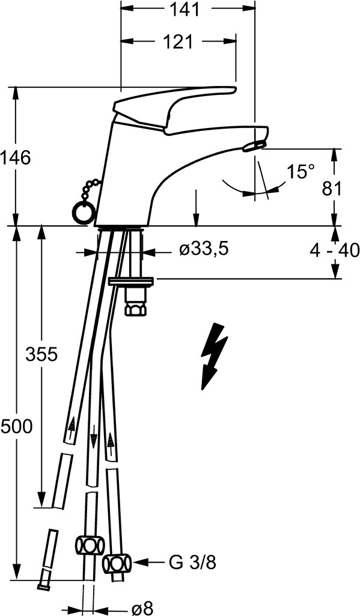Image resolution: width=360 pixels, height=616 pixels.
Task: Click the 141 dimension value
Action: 185,10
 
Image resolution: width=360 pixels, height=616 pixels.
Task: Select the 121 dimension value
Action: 178,41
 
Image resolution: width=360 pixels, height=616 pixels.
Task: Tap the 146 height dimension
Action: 16,159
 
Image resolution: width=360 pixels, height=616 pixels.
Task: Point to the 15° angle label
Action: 301,172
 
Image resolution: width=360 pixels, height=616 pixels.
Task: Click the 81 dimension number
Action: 332,189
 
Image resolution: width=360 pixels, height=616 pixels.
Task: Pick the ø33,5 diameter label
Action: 204,249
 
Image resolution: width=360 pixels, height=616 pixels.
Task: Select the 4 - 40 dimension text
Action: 334,250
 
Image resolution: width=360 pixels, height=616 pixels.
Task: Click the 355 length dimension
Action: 41,355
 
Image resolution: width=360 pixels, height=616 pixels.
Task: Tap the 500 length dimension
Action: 16,426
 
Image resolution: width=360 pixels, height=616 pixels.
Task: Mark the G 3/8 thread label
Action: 192,563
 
